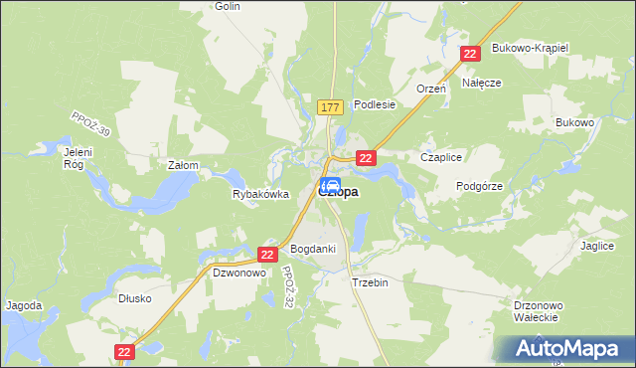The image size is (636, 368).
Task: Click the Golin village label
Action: click(x=228, y=6)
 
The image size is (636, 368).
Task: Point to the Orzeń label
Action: click(x=431, y=89)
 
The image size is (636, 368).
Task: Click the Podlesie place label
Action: click(x=375, y=103)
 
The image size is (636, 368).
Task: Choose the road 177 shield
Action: click(x=331, y=106)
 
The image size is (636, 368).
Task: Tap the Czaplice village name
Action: click(x=442, y=157)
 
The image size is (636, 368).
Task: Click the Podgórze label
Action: click(x=479, y=186)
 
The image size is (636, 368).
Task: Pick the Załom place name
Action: click(x=184, y=165)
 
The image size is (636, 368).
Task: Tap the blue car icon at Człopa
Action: click(x=331, y=184)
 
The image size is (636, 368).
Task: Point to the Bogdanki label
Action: click(x=313, y=249)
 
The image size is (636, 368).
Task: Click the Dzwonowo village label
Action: click(x=238, y=272)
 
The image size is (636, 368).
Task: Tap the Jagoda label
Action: click(x=24, y=305)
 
